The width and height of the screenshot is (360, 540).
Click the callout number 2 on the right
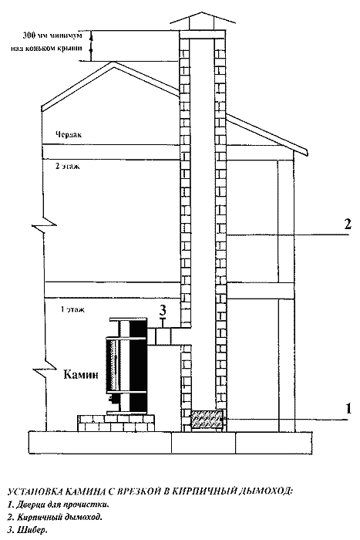click(348, 224)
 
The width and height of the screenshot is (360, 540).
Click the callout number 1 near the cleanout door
click(348, 408)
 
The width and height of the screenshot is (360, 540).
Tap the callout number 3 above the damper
click(163, 310)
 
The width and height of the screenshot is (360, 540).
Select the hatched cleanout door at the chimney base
click(207, 420)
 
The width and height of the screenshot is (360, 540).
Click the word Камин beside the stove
click(81, 374)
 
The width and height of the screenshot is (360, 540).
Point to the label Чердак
click(69, 134)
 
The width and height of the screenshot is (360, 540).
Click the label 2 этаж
click(67, 166)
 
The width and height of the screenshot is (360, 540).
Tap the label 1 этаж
click(72, 309)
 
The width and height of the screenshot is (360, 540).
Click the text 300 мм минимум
click(52, 35)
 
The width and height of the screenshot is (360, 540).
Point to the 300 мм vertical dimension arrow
click(91, 46)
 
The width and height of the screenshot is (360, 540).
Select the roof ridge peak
click(113, 62)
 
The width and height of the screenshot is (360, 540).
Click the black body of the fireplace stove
click(139, 366)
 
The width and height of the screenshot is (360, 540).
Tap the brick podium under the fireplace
click(116, 423)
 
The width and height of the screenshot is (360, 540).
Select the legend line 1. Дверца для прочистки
click(59, 505)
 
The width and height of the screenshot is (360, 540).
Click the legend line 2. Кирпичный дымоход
click(55, 518)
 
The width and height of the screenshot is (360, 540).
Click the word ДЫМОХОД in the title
click(264, 491)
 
